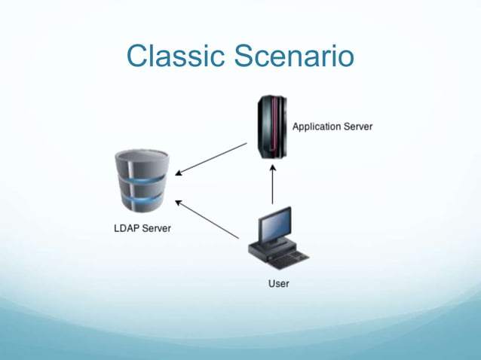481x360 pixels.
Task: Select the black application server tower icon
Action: tap(271, 127)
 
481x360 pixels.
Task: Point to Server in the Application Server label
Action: tap(358, 127)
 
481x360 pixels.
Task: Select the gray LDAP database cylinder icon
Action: tap(142, 182)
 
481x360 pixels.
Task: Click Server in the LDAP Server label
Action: tap(156, 228)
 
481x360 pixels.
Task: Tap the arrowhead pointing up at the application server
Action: tap(273, 168)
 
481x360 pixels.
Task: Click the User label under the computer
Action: tap(278, 284)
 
